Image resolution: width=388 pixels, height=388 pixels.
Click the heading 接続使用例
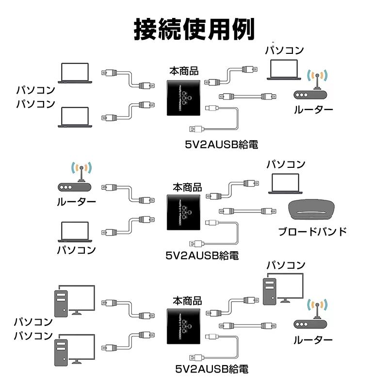[194, 30]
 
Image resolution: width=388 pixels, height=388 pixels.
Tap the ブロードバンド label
[312, 231]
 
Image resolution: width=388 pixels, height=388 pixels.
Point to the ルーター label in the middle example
[77, 202]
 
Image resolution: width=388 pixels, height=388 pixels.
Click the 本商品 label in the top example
[184, 71]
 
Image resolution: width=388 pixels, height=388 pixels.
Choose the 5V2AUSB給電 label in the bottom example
[211, 369]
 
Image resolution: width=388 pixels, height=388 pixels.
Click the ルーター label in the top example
[313, 110]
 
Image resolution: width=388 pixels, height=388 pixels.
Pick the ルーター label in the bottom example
[313, 340]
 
